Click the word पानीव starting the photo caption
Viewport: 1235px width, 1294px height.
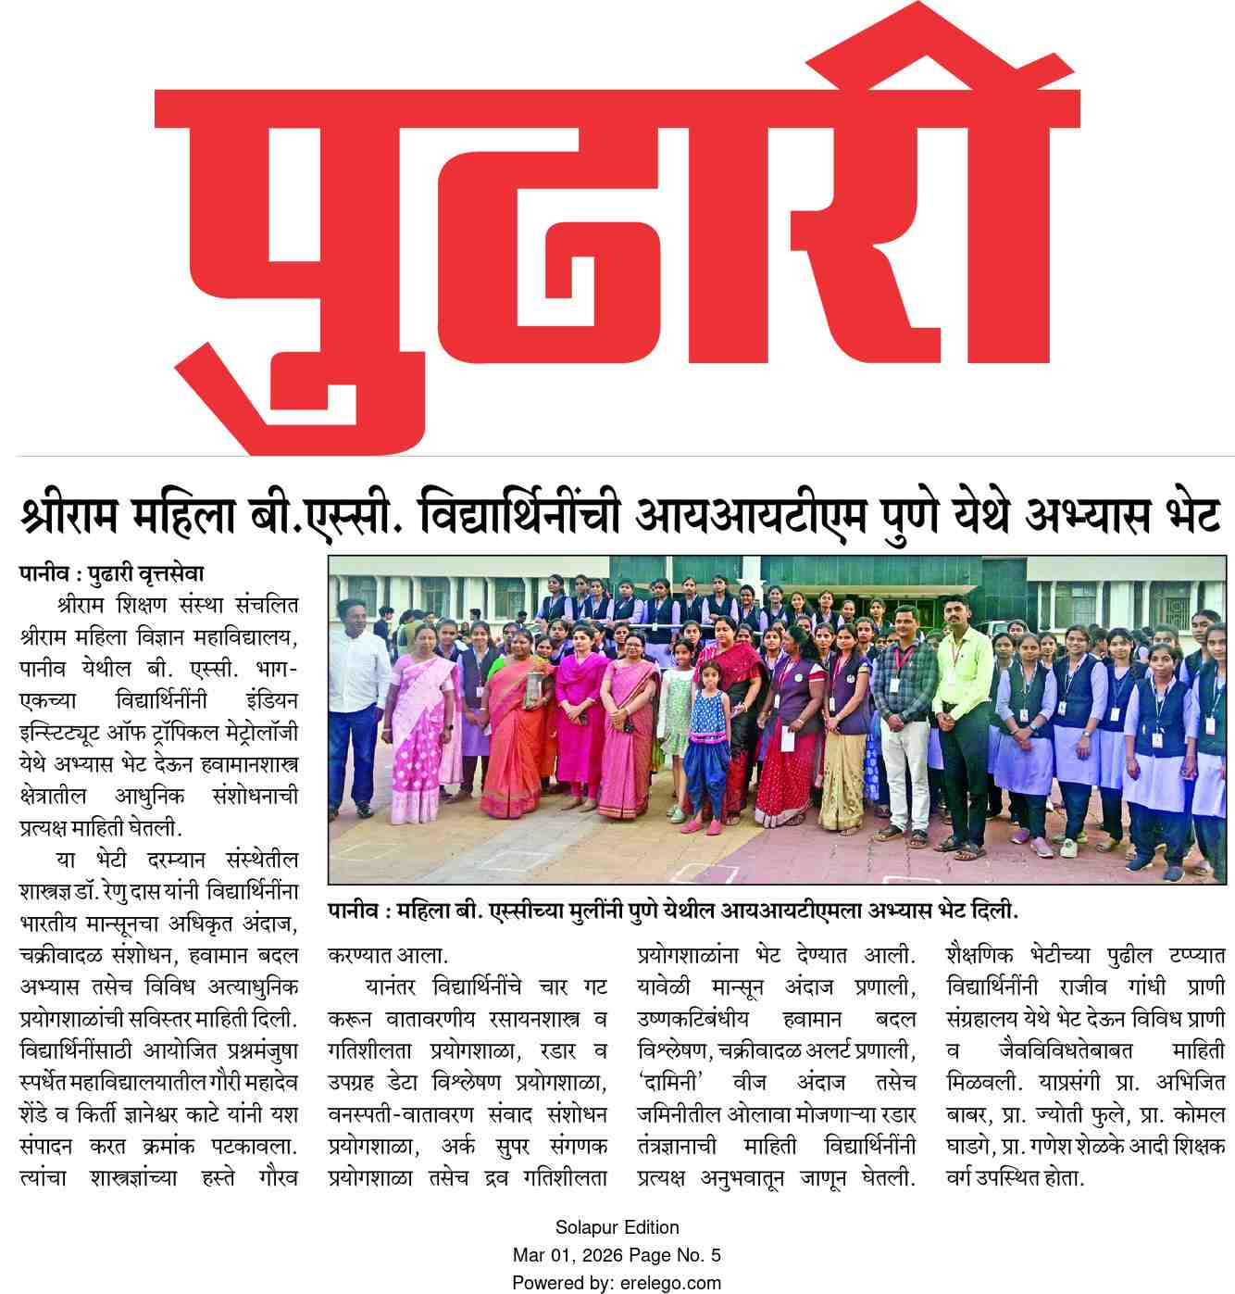[356, 911]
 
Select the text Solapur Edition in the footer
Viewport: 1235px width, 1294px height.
[617, 1227]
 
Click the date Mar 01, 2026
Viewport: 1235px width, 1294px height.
[568, 1255]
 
